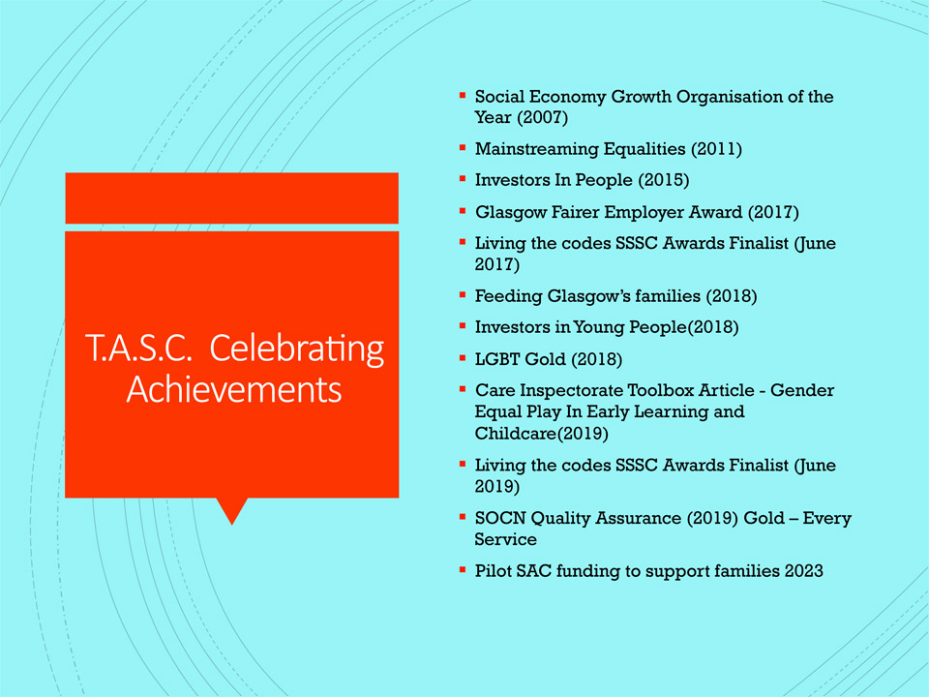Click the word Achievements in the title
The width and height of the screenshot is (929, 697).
point(234,389)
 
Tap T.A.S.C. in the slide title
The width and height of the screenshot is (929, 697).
point(138,348)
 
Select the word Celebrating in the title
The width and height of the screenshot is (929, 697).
point(297,349)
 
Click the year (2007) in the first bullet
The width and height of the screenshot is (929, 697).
point(542,117)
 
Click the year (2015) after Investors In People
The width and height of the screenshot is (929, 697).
point(664,180)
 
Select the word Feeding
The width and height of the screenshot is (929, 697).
point(508,296)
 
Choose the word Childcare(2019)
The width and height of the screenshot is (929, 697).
point(542,434)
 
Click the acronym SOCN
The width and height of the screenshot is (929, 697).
point(500,518)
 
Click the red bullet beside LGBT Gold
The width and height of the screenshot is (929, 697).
point(463,358)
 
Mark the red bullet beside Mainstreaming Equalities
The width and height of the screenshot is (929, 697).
point(463,147)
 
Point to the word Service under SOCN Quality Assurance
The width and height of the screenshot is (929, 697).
point(505,539)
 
